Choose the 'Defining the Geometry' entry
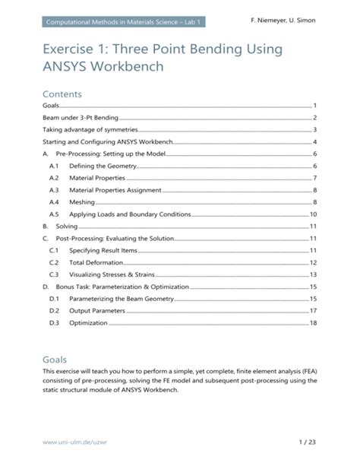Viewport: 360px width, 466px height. click(x=103, y=166)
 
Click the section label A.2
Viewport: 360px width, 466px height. click(x=53, y=178)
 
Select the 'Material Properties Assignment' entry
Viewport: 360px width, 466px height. click(x=115, y=190)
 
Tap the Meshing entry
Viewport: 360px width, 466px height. click(x=82, y=202)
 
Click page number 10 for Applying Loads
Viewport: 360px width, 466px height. click(x=312, y=214)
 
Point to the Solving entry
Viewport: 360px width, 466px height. click(x=67, y=227)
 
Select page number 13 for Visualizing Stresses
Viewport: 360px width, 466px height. click(x=312, y=274)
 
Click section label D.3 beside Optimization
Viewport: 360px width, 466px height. click(x=53, y=323)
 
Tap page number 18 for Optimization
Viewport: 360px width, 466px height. click(x=312, y=323)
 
